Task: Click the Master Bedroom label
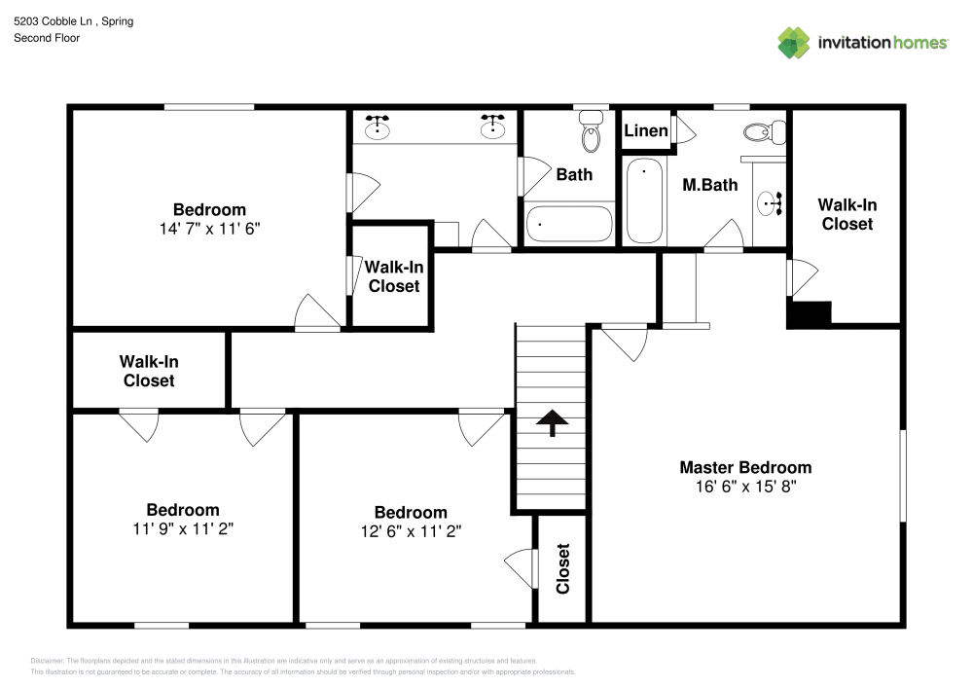[744, 467]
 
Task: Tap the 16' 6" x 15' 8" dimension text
[744, 486]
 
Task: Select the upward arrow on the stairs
[552, 423]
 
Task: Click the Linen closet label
[645, 131]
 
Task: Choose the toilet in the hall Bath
[591, 132]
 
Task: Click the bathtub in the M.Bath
[644, 202]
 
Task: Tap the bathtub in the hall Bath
[569, 225]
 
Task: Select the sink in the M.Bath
[770, 204]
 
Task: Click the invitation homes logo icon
[793, 42]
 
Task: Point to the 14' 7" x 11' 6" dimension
[209, 228]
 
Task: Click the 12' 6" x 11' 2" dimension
[411, 531]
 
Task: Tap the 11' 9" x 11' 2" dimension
[183, 528]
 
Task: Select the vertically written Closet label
[562, 568]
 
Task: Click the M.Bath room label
[709, 184]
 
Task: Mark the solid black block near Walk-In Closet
[809, 315]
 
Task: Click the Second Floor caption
[47, 38]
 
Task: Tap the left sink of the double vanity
[378, 127]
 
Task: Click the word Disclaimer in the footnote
[47, 661]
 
